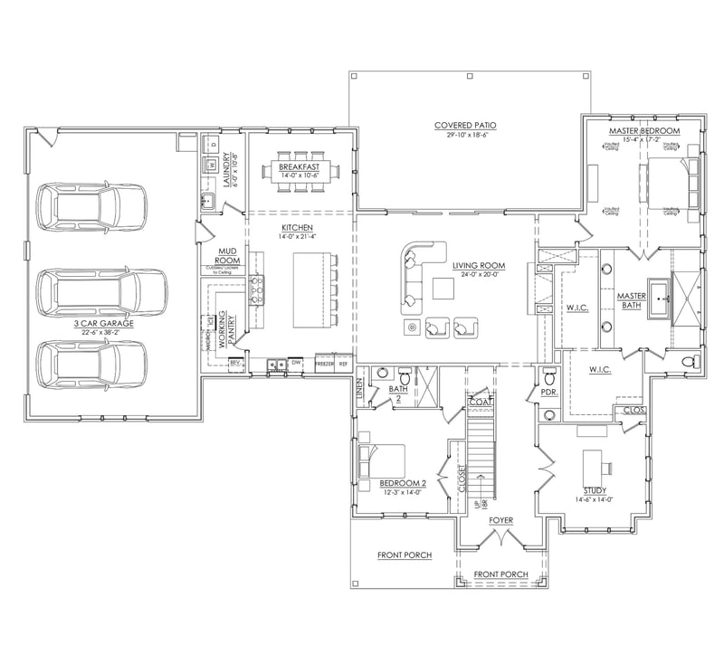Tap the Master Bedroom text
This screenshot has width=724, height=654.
point(644,131)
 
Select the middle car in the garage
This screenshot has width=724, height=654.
point(100,291)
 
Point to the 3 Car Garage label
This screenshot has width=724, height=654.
point(104,323)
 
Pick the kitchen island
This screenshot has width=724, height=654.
point(311,289)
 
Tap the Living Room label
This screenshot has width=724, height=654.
point(479,266)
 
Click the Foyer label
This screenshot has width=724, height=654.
point(501,521)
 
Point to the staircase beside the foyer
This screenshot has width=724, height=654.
point(481,452)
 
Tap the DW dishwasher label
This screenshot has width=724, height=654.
point(296,363)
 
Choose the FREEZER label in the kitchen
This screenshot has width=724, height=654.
point(324,363)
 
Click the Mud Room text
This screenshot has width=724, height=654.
point(227,256)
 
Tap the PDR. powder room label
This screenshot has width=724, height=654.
point(548,393)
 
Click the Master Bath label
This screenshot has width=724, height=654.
point(630,299)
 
